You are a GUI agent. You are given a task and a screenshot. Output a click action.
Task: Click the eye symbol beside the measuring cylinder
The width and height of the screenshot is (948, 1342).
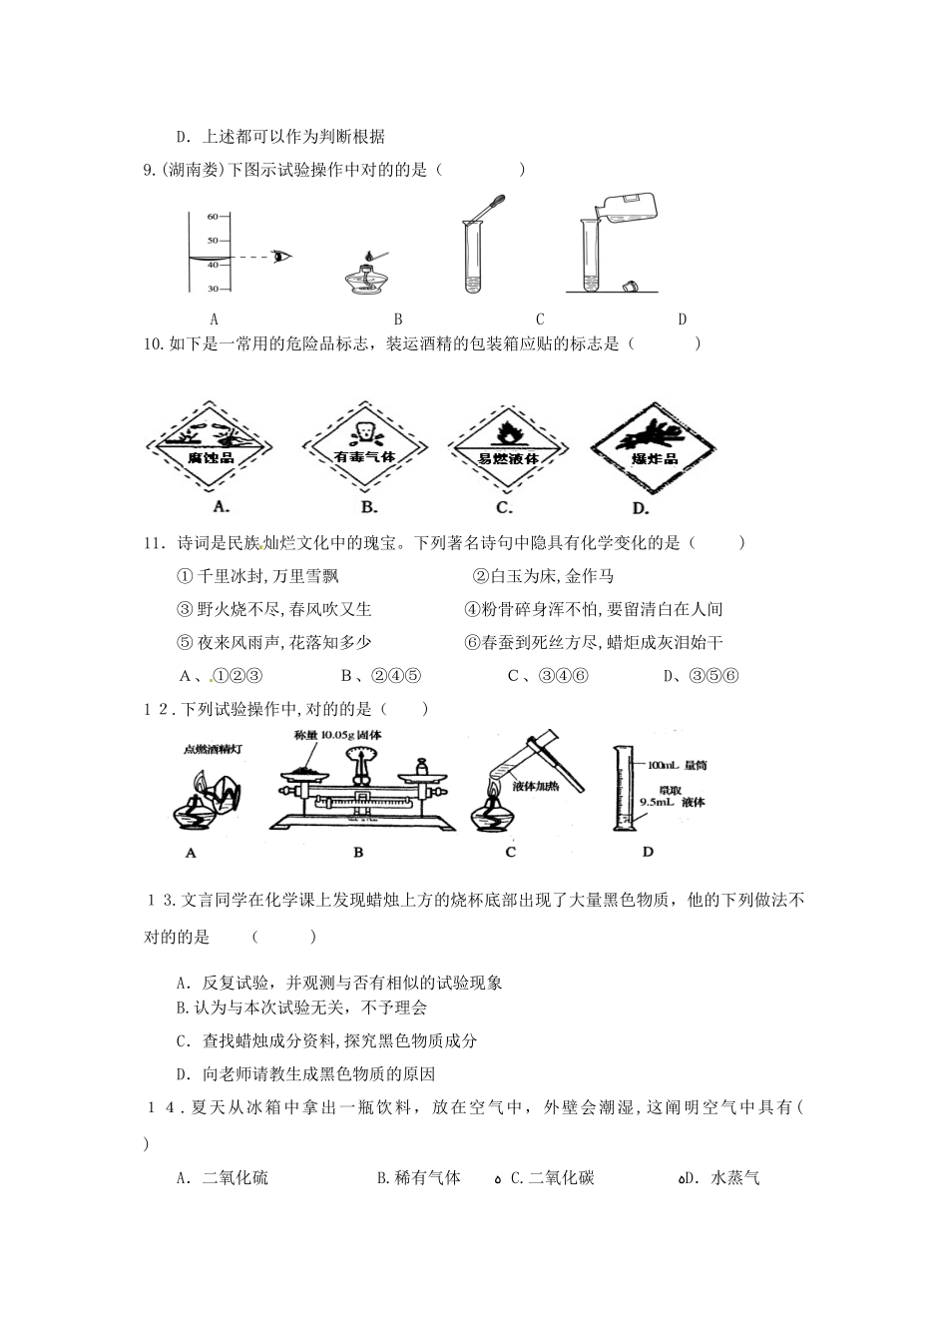283,256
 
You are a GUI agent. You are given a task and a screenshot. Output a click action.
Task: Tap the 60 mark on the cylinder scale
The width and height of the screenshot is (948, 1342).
212,217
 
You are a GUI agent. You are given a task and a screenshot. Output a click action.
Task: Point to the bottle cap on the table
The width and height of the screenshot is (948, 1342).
629,287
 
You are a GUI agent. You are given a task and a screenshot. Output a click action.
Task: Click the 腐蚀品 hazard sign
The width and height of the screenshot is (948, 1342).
210,447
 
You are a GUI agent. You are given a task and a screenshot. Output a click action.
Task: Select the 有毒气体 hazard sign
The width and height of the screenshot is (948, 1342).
364,447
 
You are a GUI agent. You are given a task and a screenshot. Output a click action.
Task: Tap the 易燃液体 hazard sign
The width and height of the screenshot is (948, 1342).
508,447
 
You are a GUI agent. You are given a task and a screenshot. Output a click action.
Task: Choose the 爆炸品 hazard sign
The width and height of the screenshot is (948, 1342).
655,447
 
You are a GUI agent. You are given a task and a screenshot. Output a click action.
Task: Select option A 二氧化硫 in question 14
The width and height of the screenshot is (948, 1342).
224,1178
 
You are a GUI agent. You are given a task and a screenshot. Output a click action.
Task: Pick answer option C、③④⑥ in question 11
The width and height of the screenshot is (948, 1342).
548,676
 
